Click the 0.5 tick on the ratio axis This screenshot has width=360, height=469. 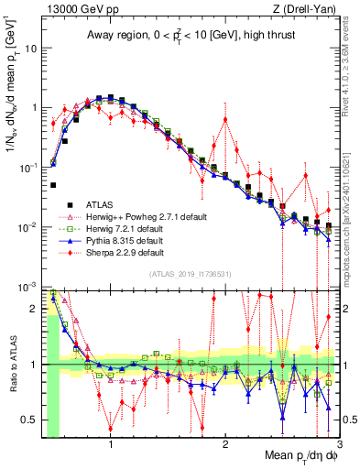click(x=30, y=420)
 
